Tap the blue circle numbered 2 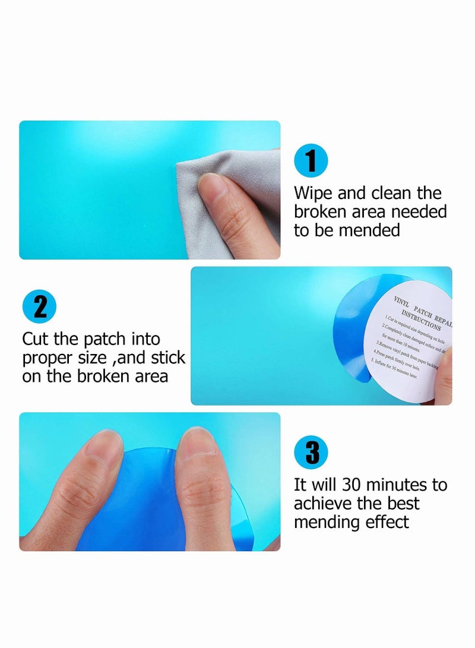coord(39,308)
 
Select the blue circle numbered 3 coord(311,454)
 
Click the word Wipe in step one coord(315,193)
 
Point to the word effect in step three coord(387,522)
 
